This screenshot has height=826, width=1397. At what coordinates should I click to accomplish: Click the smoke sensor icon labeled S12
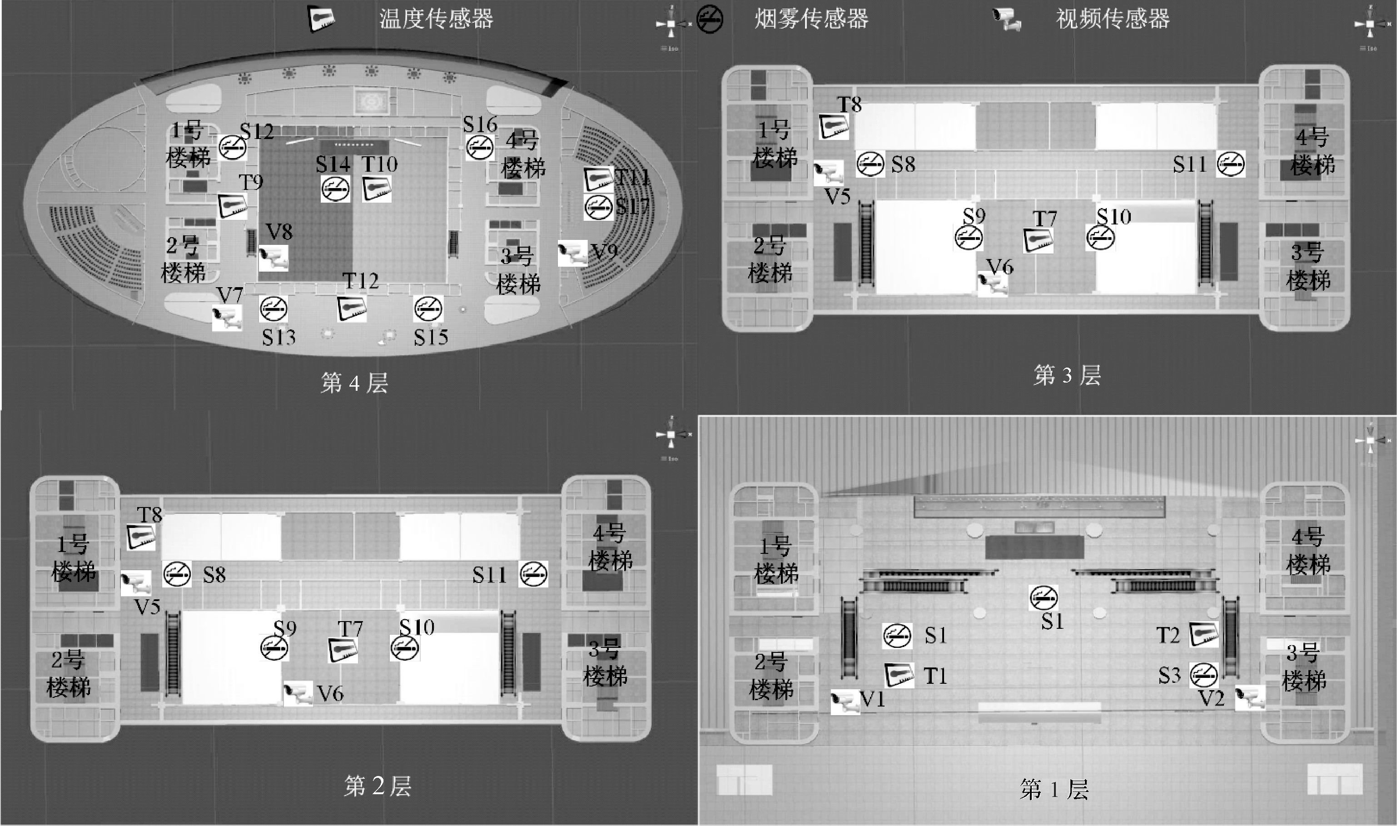pyautogui.click(x=232, y=148)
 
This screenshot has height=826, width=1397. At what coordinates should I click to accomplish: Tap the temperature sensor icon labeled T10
pyautogui.click(x=377, y=189)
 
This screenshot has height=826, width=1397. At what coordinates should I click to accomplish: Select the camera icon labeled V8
pyautogui.click(x=274, y=258)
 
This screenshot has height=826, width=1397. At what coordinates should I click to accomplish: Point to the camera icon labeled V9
pyautogui.click(x=573, y=253)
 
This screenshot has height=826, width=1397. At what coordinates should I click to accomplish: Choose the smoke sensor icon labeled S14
pyautogui.click(x=335, y=189)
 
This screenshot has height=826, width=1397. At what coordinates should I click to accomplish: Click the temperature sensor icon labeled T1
pyautogui.click(x=899, y=675)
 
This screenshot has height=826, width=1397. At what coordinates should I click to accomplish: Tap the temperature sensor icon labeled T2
pyautogui.click(x=1204, y=634)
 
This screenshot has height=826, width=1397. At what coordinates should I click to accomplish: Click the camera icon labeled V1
pyautogui.click(x=845, y=702)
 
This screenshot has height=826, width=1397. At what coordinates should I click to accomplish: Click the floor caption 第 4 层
pyautogui.click(x=354, y=383)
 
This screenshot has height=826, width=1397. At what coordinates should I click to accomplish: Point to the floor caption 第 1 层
pyautogui.click(x=1054, y=789)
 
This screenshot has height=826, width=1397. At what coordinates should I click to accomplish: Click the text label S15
pyautogui.click(x=431, y=337)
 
